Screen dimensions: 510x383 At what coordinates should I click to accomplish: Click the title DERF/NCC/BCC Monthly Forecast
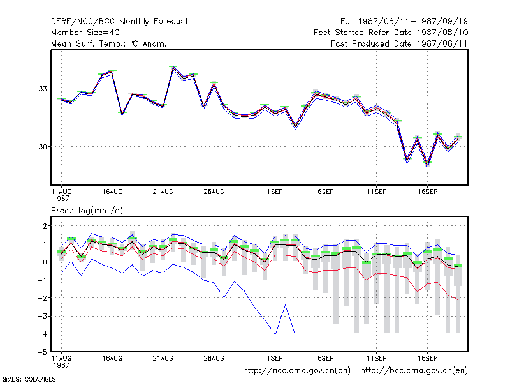tap(119, 22)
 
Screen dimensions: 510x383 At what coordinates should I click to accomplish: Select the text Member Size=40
tap(85, 33)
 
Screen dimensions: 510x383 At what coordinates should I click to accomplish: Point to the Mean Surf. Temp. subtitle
tap(108, 43)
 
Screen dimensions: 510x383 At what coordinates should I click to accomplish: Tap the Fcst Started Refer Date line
tap(391, 33)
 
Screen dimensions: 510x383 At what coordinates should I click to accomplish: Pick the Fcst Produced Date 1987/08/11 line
tap(399, 43)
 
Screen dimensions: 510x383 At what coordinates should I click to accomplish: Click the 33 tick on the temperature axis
tap(43, 89)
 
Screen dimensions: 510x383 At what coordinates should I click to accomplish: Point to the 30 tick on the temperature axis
tap(43, 147)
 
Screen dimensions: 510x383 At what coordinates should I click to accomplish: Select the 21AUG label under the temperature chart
tap(163, 192)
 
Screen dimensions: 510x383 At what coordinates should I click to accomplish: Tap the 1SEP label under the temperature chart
tap(275, 192)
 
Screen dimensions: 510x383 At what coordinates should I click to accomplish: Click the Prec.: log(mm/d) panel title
tap(87, 211)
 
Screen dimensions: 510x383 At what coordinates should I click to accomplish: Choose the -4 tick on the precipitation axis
tap(43, 334)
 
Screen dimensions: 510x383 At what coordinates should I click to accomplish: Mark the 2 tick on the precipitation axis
tap(45, 226)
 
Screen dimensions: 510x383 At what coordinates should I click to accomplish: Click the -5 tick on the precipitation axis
tap(43, 352)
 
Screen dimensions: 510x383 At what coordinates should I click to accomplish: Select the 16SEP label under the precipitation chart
tap(427, 358)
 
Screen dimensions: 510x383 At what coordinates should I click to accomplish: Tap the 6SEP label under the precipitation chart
tap(326, 358)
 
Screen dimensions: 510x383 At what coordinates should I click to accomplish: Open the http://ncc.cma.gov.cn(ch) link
tap(296, 371)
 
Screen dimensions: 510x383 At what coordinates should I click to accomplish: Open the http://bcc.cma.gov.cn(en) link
tap(414, 371)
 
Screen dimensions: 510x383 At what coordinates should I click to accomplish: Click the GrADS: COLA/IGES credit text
tap(29, 379)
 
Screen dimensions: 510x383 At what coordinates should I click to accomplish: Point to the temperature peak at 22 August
tap(173, 67)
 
